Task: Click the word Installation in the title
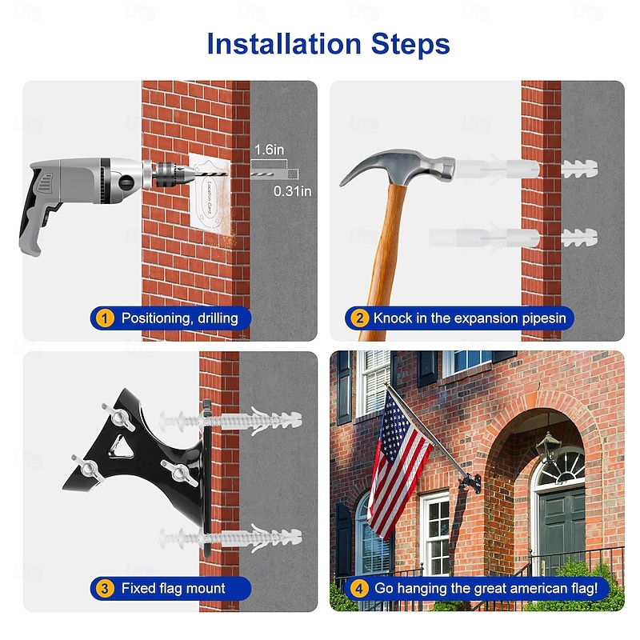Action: (x=284, y=44)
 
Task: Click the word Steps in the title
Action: (x=410, y=45)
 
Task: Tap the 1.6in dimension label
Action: (x=269, y=150)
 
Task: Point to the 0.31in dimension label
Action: (x=292, y=191)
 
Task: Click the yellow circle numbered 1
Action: (x=105, y=318)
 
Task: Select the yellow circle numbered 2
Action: (x=359, y=318)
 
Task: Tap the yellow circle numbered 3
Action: (x=105, y=589)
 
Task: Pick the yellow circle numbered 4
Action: (x=359, y=589)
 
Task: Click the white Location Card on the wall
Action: (x=210, y=194)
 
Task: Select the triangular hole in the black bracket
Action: (x=121, y=446)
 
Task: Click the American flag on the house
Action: (x=398, y=463)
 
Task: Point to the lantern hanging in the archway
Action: (x=548, y=446)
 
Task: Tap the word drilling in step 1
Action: (x=218, y=318)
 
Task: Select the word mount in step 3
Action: (x=206, y=589)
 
